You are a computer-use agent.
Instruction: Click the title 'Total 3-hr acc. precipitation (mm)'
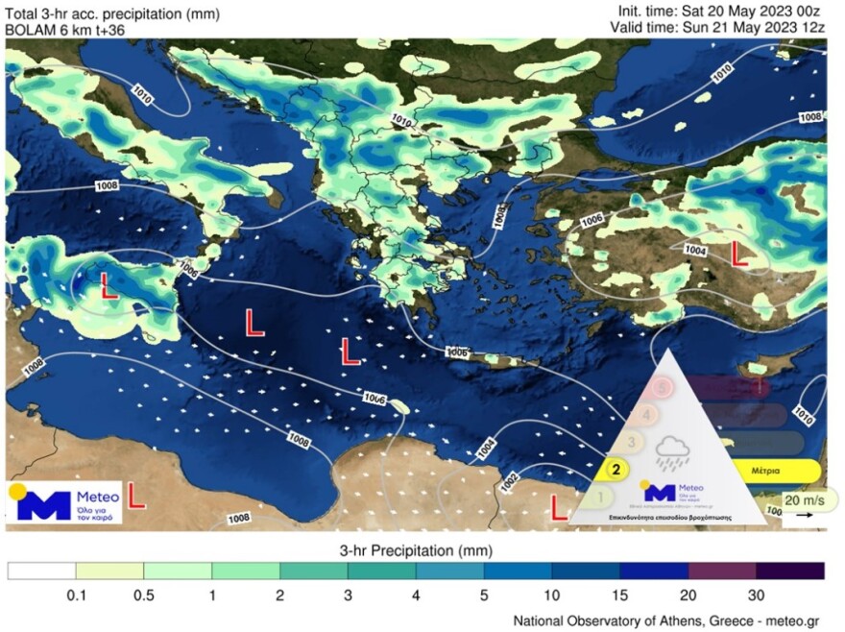pos(112,13)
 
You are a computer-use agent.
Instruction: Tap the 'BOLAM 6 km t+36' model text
pos(64,30)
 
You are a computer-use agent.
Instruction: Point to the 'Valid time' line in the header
pos(717,28)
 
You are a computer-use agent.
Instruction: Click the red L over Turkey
pos(740,255)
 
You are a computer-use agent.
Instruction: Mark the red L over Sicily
pos(109,285)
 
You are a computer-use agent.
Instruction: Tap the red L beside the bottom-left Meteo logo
pos(136,496)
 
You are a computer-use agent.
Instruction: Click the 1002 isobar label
pos(510,478)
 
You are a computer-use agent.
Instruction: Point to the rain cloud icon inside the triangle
pos(669,449)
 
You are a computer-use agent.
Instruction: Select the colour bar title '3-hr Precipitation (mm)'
pos(416,550)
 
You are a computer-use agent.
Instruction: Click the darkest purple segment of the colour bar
pos(790,571)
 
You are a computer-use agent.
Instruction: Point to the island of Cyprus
pos(763,367)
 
